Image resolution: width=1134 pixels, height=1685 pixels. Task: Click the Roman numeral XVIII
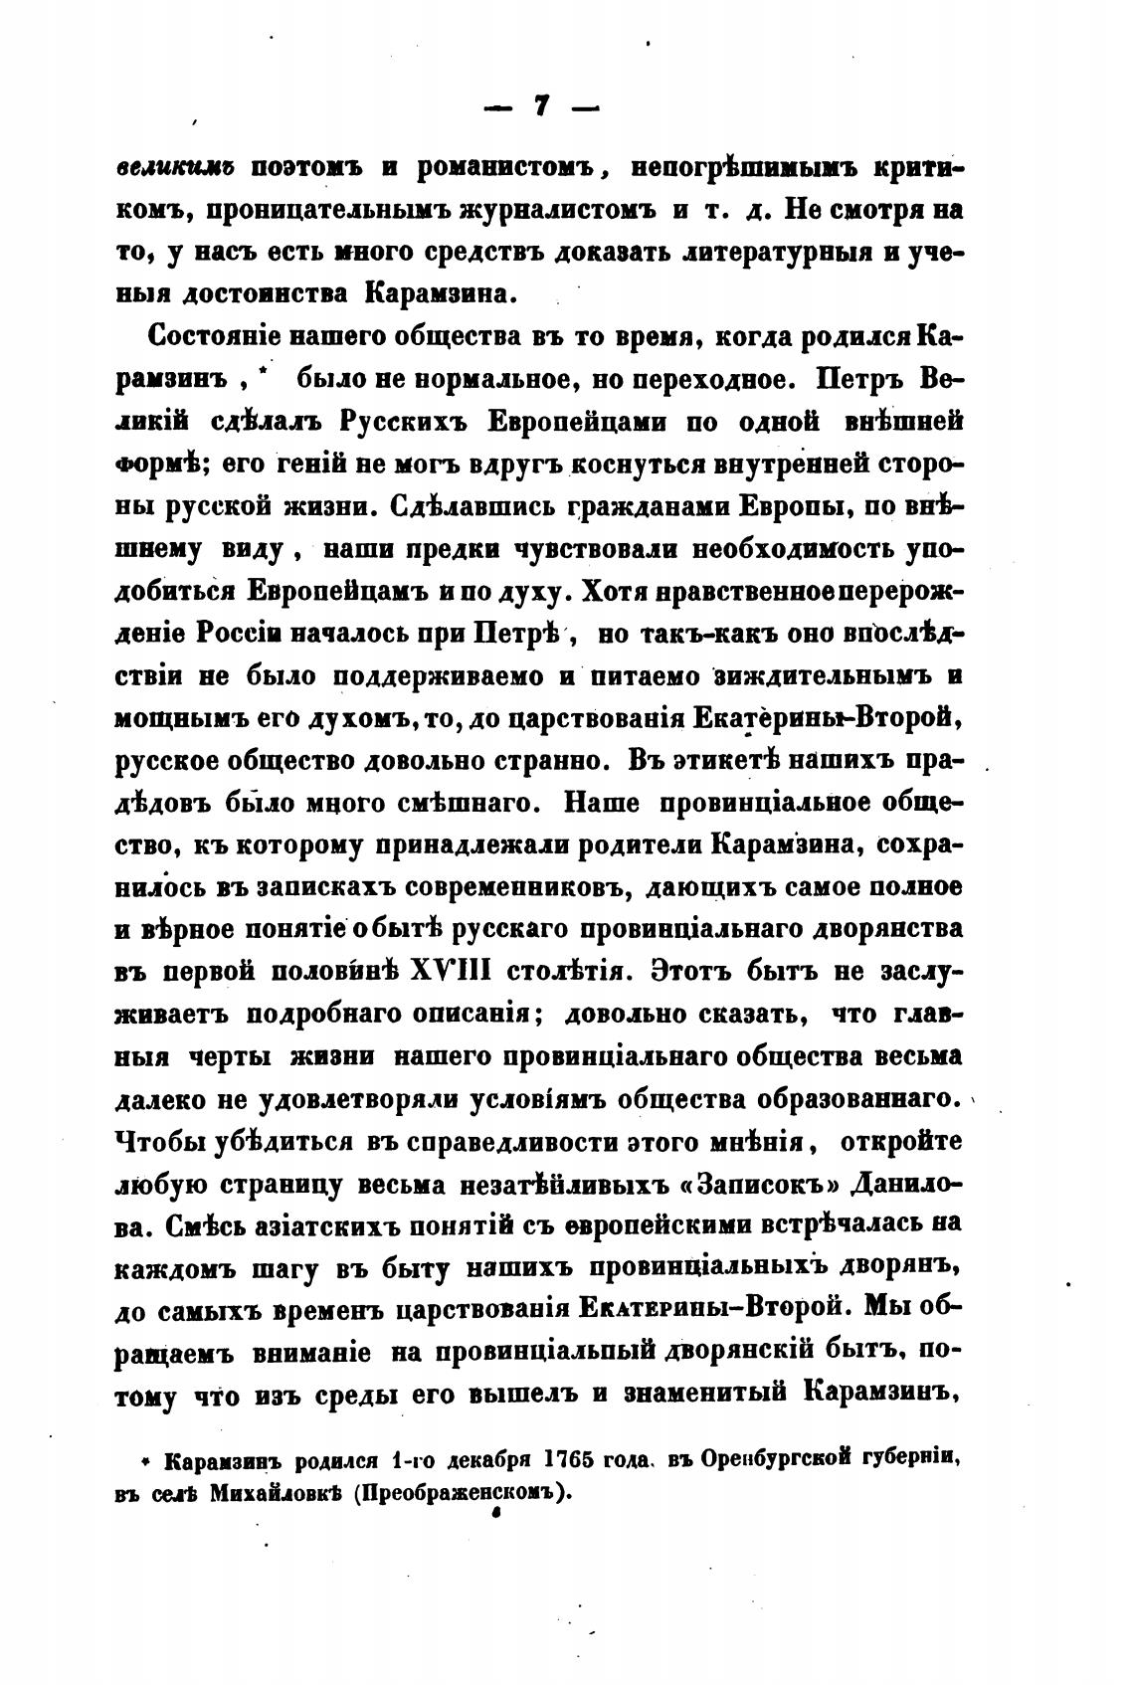click(x=452, y=971)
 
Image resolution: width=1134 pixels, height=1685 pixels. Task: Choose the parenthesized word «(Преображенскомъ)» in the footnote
click(x=467, y=1493)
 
